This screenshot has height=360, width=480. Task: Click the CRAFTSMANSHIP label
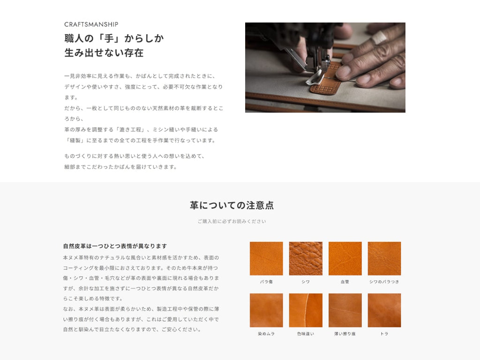coord(91,24)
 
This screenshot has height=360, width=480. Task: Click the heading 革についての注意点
coord(232,205)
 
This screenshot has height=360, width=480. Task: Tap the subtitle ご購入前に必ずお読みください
coord(232,221)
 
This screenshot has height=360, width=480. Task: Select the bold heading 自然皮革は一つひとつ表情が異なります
coord(115,246)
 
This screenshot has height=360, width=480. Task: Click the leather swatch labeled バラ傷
coord(266,258)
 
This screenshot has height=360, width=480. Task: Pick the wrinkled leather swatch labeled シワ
coord(306,258)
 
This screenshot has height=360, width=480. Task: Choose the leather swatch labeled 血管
coord(345,258)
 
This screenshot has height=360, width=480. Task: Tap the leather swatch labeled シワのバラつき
coord(384,258)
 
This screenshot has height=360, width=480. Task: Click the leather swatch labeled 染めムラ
coord(266,310)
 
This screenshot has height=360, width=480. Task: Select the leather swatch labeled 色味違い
coord(306,310)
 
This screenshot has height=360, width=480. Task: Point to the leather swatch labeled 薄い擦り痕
coord(345,310)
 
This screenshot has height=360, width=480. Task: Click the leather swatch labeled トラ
coord(384,310)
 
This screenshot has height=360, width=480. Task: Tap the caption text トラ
coord(384,334)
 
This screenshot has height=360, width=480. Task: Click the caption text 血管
coord(345,282)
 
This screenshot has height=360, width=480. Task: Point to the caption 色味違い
coord(306,334)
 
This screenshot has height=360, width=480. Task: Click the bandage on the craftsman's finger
coord(380,37)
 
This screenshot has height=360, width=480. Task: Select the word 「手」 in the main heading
coord(109,38)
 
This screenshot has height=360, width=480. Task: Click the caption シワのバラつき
coord(384,282)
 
